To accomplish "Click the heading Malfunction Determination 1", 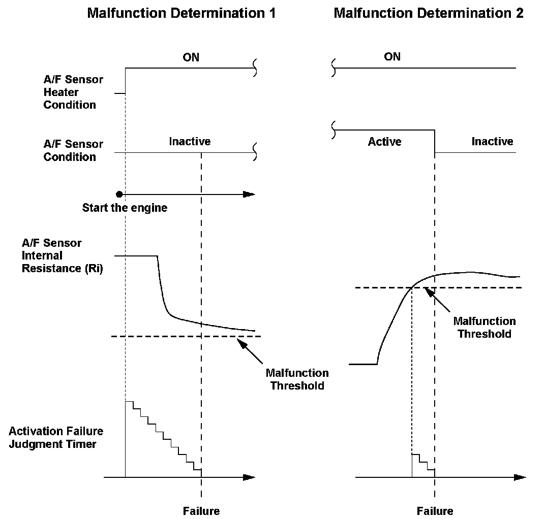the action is pos(181,13).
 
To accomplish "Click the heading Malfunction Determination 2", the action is pos(428,13).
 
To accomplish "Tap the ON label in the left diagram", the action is pos(191,57).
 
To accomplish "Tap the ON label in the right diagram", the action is pos(392,56).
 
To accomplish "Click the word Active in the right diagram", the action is pos(384,142).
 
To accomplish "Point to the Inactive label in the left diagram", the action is pos(190,142).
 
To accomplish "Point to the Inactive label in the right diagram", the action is pos(492,142).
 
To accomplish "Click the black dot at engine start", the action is pos(119,194).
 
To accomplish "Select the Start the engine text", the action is pos(125,208).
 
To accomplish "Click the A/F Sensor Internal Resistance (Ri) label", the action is pos(62,255).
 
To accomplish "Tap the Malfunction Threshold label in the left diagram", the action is pos(297,379).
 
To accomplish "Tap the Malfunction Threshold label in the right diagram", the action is pos(484,327).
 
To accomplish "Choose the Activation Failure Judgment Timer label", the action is pos(56,437).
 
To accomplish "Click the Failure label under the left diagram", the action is pos(201,511).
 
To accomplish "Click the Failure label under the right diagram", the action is pos(435,511).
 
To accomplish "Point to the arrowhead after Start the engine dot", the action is pos(249,194).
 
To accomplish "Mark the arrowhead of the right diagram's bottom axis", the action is pos(520,477).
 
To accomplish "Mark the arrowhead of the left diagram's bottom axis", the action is pos(249,477).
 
